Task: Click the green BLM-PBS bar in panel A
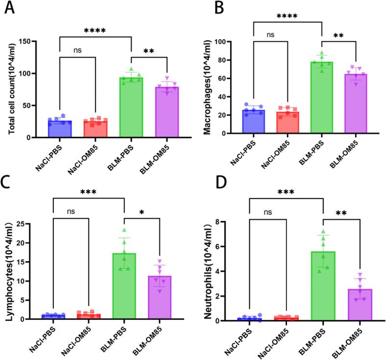[131, 108]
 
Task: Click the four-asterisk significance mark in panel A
[96, 30]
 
